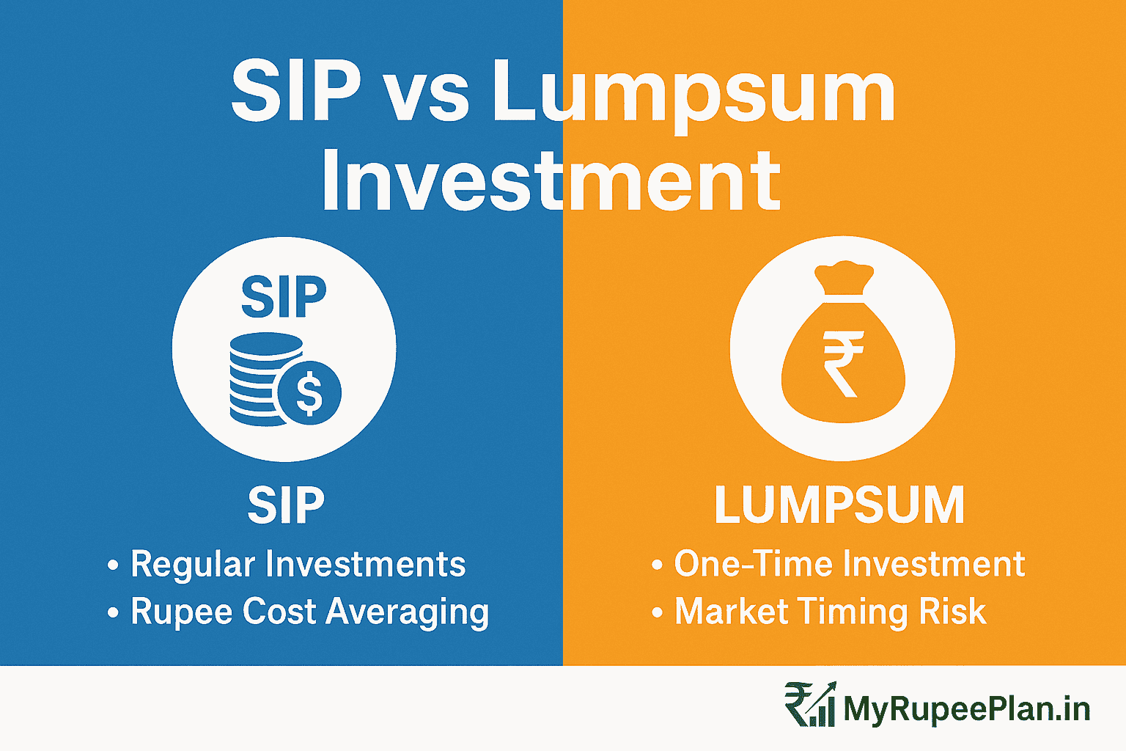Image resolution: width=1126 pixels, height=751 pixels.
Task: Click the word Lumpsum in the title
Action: click(x=693, y=94)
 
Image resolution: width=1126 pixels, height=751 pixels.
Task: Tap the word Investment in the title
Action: click(x=551, y=180)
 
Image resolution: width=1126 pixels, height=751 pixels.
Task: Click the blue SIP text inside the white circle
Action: click(x=284, y=297)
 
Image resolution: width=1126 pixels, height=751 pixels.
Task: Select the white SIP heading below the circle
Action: click(x=286, y=505)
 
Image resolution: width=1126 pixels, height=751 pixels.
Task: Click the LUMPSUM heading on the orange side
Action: click(x=839, y=505)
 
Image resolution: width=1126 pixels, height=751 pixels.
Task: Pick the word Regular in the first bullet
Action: click(x=193, y=565)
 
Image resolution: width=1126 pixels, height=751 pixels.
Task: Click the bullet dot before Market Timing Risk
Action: click(x=657, y=612)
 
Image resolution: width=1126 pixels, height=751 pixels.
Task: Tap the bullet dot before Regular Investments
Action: click(x=113, y=565)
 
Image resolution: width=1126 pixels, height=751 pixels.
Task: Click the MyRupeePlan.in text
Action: click(x=966, y=708)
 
